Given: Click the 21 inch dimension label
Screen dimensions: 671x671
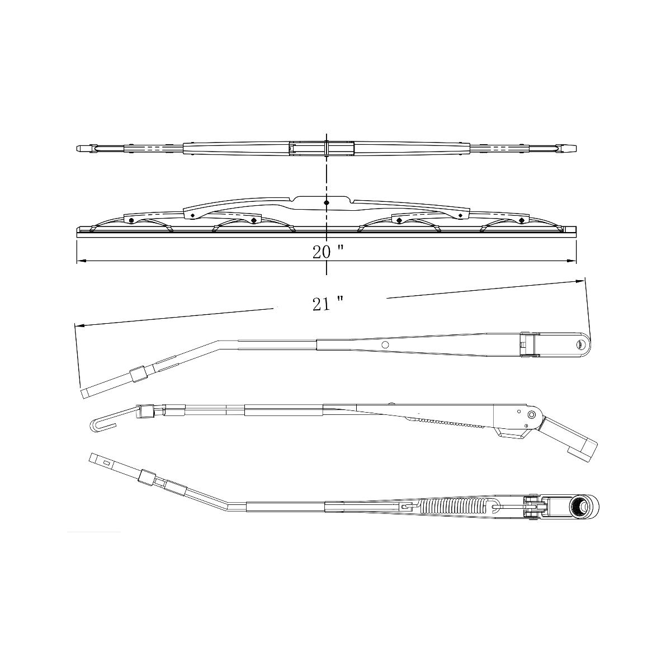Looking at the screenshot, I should [328, 305].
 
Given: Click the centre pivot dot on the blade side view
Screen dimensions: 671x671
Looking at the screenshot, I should [327, 202].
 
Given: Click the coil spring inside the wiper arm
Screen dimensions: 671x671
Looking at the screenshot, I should [453, 506].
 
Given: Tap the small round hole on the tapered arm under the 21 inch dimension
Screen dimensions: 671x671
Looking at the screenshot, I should [385, 345].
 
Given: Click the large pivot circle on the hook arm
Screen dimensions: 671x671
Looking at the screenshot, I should [531, 415].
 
